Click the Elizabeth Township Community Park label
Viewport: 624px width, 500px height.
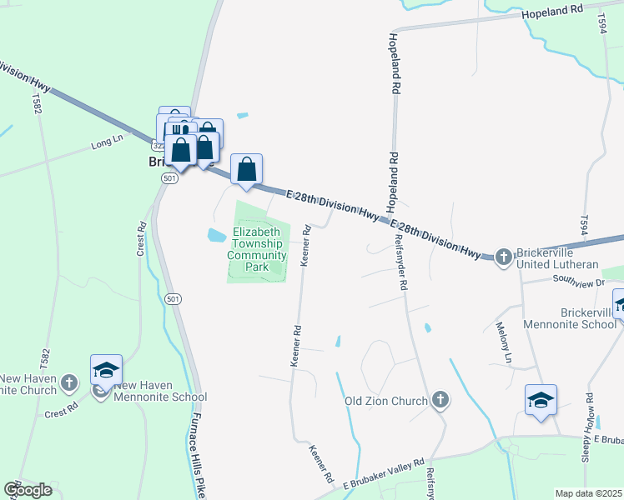pos(259,249)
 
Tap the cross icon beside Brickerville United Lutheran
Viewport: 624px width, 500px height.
pos(503,257)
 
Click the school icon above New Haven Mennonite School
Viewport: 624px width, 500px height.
pos(107,369)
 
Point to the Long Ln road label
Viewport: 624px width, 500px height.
pos(107,147)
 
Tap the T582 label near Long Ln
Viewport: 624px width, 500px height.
pos(37,105)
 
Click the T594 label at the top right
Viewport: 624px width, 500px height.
pos(601,24)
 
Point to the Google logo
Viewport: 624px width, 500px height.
pos(28,490)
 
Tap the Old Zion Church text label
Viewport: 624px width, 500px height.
pos(385,401)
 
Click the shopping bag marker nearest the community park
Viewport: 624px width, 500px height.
pos(247,169)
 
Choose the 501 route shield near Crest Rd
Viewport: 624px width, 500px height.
pos(172,298)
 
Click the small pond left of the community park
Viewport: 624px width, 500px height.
pos(215,236)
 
